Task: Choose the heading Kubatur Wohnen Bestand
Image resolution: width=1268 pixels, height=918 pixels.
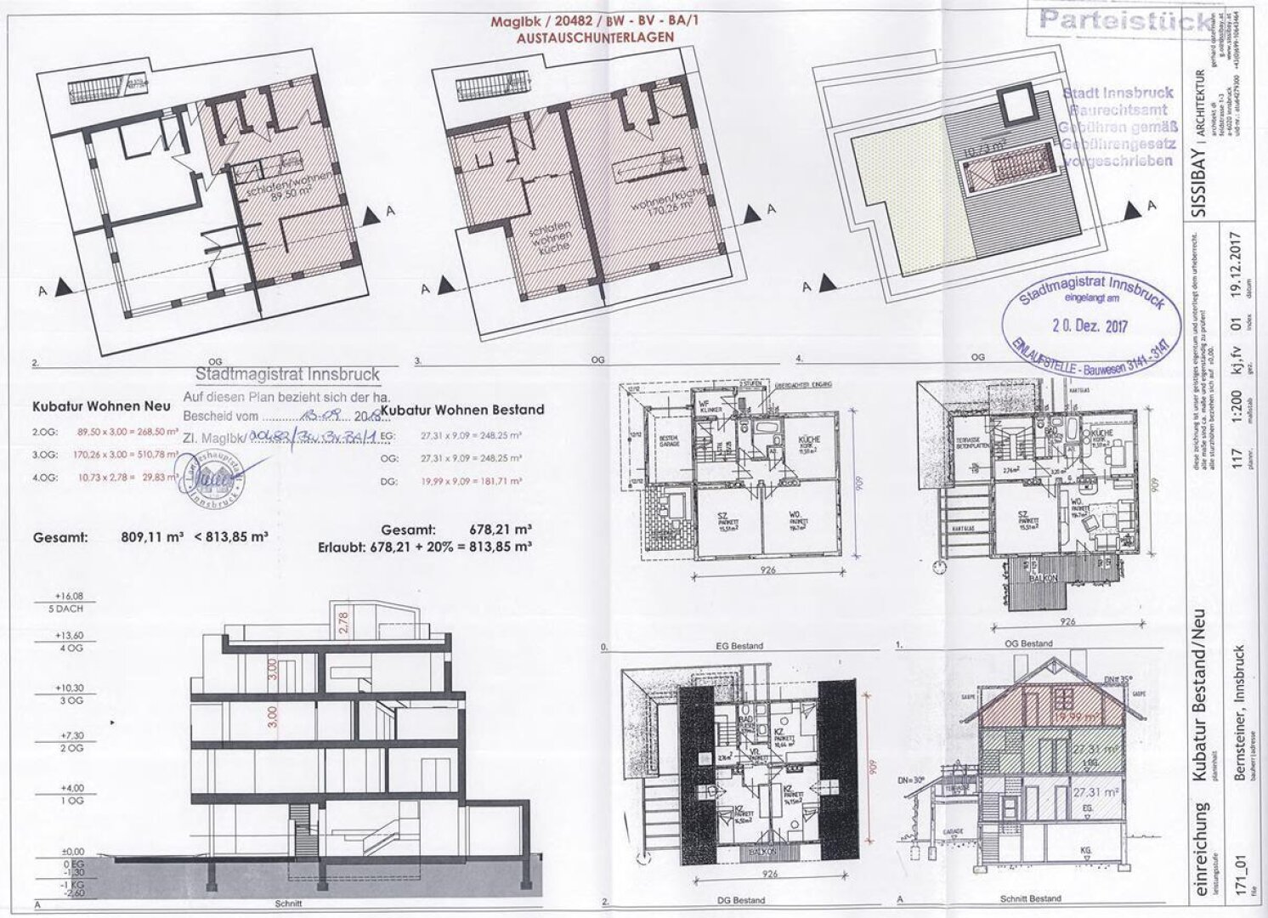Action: click(463, 410)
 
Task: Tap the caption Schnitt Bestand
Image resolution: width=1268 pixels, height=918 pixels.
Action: click(1029, 899)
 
